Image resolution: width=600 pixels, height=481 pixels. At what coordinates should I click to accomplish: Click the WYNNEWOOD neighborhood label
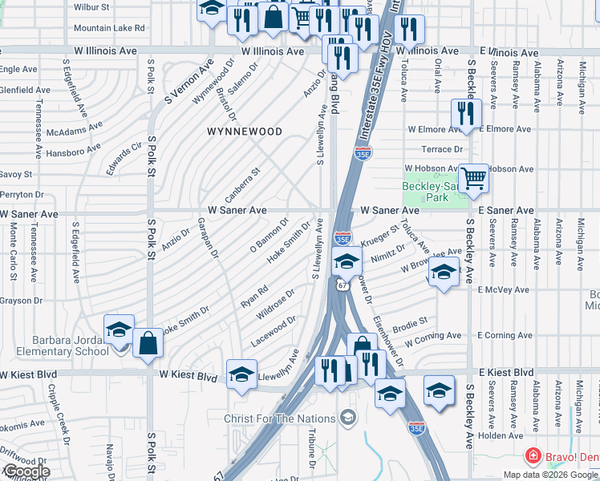(x=244, y=131)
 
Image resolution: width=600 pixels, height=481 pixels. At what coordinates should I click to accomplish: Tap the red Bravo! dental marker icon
(x=531, y=456)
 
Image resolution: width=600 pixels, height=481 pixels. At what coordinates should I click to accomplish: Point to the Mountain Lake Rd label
(x=109, y=27)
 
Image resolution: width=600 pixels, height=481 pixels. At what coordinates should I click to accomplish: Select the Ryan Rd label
(x=253, y=297)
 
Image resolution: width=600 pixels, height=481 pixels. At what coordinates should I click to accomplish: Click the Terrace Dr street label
(x=443, y=149)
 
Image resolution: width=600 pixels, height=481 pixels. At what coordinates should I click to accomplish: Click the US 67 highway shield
(x=343, y=285)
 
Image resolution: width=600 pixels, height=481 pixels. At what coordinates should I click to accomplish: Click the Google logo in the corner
(x=26, y=471)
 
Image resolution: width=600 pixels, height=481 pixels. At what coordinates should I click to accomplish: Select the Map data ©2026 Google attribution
(x=550, y=475)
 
